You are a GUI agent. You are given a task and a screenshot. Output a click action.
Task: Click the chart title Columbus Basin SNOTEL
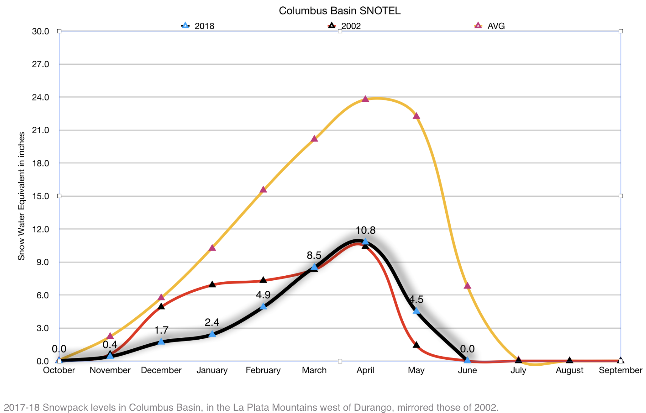339,11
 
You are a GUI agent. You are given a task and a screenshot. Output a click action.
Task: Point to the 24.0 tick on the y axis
41,98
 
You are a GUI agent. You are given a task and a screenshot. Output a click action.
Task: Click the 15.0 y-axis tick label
41,196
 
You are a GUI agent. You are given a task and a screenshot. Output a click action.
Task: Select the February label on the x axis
263,370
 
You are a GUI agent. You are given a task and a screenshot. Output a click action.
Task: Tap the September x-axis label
620,370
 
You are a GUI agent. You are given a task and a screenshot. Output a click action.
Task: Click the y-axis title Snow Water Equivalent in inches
21,196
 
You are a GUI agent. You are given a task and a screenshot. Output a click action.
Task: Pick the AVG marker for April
365,99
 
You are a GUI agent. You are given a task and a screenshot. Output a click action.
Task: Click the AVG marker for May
417,116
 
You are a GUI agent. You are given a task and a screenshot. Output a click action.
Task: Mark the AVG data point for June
468,286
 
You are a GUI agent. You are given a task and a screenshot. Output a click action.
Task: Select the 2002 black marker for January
212,284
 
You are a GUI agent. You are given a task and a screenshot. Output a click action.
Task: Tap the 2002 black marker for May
417,345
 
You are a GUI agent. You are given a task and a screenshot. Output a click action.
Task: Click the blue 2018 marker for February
263,306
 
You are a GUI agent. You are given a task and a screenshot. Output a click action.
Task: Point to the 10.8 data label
365,230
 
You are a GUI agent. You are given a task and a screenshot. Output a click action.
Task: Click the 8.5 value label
314,255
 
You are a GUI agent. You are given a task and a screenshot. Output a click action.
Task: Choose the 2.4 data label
212,322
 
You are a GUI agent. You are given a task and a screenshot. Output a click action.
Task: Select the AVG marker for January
212,248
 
